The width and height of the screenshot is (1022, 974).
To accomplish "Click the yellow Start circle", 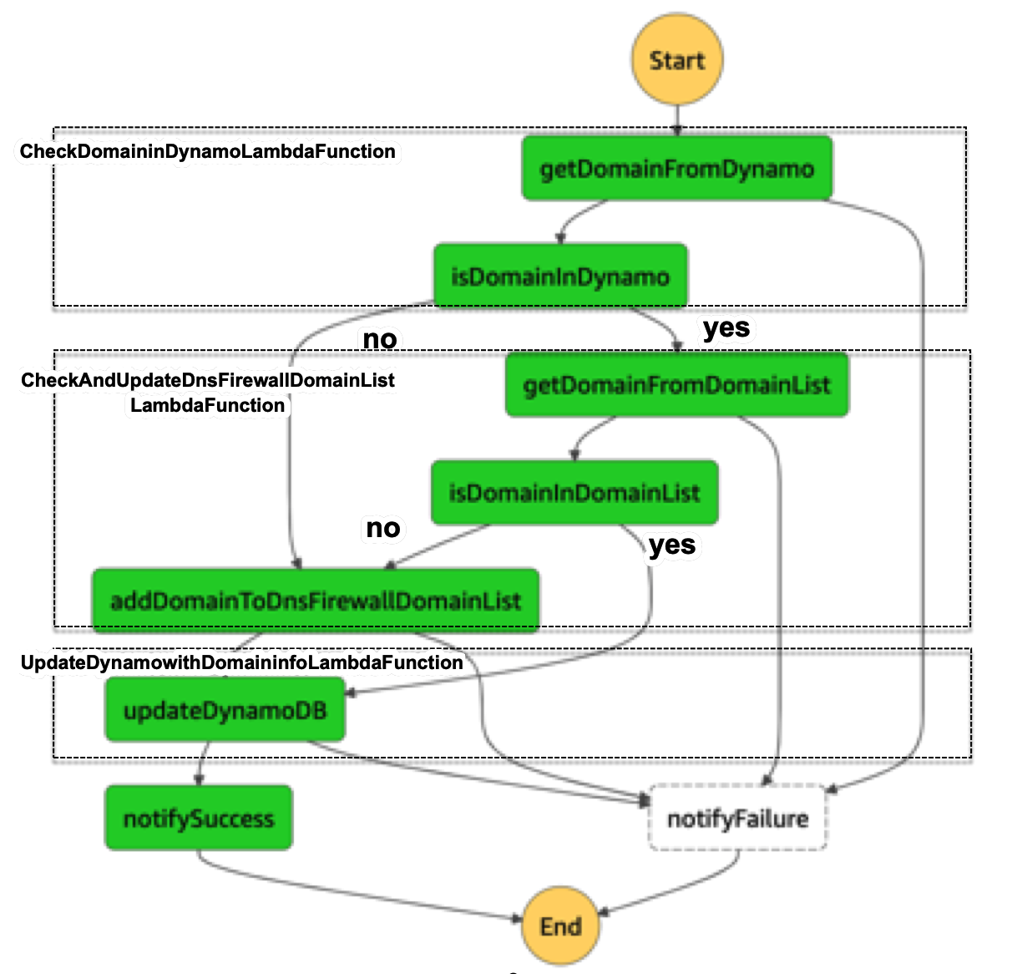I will click(x=676, y=60).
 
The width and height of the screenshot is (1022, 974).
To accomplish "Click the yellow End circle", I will click(x=560, y=926).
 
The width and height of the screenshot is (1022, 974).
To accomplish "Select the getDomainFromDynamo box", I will click(x=676, y=169).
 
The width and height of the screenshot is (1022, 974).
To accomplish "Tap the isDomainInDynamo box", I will click(x=560, y=276).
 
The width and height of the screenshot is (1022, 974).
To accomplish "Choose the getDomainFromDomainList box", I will click(x=676, y=385).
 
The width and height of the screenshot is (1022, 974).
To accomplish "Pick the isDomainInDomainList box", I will click(x=574, y=493).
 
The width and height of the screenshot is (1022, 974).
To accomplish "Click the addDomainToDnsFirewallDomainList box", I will click(x=315, y=601).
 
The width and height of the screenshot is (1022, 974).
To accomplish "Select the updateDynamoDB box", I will click(x=225, y=710).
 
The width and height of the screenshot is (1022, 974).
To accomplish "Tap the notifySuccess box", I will click(x=199, y=818).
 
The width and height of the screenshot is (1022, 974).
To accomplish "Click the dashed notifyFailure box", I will click(x=737, y=818).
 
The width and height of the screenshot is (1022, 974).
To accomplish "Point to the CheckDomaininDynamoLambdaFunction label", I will click(x=208, y=151).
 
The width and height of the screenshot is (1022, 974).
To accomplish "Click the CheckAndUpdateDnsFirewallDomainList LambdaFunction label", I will click(x=208, y=392).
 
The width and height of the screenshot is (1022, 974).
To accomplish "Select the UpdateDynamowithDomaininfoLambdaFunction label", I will click(x=242, y=662).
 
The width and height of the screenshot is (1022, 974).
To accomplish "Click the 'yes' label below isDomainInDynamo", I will click(x=726, y=327).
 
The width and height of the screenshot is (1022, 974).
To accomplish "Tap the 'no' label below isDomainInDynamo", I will click(x=380, y=339).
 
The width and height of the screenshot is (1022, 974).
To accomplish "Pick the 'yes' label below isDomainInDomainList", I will click(x=672, y=545).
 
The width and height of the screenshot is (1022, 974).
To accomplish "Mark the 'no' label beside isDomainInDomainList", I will click(x=383, y=528).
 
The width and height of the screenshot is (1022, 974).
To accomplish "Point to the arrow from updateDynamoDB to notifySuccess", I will click(x=201, y=763).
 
